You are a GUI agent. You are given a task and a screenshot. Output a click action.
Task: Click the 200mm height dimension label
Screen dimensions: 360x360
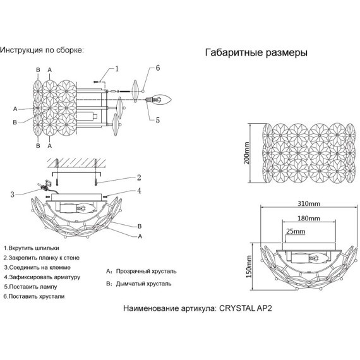[x=246, y=153]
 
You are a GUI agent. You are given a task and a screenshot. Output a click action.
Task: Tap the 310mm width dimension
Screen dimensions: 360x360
[x=309, y=203]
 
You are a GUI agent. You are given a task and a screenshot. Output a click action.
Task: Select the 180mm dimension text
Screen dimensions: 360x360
[x=309, y=218]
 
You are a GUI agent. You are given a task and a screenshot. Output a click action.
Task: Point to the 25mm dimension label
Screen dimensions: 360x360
[x=296, y=231]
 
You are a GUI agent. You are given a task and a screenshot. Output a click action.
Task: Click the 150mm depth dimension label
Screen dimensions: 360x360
[x=249, y=267]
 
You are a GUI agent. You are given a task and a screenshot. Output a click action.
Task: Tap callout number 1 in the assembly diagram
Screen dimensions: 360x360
[x=117, y=69]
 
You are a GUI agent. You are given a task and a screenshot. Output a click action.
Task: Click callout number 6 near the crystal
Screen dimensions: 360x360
[x=157, y=68]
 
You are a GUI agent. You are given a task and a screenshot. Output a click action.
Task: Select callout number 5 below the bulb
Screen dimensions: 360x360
[x=157, y=120]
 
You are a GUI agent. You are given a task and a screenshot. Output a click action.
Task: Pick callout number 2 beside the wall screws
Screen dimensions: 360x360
[x=139, y=177]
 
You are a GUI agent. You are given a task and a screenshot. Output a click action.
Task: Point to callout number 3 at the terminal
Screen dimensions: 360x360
[x=13, y=195]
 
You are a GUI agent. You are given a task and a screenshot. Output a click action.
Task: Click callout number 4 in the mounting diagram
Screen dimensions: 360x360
[x=139, y=191]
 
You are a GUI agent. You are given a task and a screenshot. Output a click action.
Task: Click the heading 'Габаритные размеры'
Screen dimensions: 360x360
[x=256, y=53]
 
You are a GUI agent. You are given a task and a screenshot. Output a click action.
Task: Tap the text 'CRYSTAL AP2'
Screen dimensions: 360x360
[x=246, y=308]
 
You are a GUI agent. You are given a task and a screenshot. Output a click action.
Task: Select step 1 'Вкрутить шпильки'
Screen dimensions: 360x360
[x=32, y=248]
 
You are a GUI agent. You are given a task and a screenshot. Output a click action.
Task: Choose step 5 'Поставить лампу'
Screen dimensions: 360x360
[x=30, y=287]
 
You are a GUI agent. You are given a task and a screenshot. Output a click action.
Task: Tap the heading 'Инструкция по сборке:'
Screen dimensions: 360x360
[x=42, y=50]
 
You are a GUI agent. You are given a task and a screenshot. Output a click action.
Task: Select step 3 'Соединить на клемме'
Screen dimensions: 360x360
[x=37, y=268]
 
